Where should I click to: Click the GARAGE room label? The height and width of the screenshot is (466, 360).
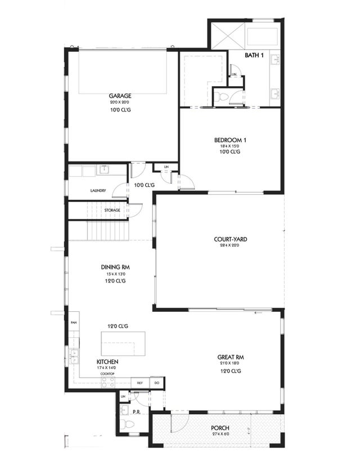(x=119, y=96)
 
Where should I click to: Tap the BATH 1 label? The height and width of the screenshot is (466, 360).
(x=255, y=55)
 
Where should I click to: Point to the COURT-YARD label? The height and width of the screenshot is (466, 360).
(x=230, y=239)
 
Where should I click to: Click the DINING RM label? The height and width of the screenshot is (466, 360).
(x=115, y=267)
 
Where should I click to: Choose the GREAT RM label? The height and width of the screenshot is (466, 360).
(x=230, y=357)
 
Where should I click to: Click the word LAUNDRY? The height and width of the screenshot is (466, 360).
(x=98, y=190)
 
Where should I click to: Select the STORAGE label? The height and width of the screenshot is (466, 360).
(x=112, y=210)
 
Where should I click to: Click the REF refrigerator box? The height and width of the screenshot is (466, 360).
(x=139, y=383)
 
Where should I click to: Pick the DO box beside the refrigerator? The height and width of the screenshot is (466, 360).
(x=157, y=383)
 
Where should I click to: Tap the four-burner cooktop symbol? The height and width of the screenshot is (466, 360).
(x=108, y=382)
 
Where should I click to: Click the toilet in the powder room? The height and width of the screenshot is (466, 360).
(x=124, y=424)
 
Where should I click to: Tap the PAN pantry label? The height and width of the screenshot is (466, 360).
(x=73, y=322)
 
